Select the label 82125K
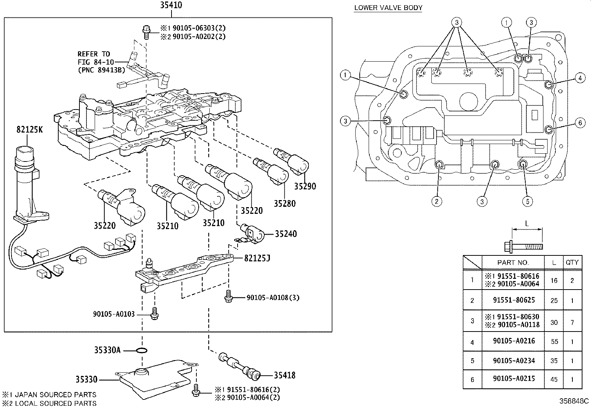(29, 129)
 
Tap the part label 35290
(305, 186)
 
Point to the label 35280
(285, 203)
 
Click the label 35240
(286, 234)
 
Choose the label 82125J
(257, 258)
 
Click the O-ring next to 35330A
(141, 350)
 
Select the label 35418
(285, 375)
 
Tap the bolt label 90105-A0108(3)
(273, 297)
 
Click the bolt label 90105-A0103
(114, 314)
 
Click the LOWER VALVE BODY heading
(388, 7)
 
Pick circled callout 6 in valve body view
(580, 123)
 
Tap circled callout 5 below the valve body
(527, 201)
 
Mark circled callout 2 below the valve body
(437, 201)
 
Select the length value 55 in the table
(554, 342)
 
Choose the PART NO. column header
(513, 262)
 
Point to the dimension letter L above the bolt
(527, 223)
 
